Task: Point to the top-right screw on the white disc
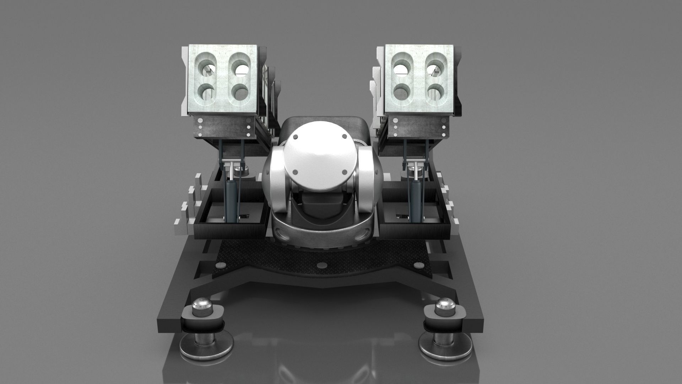[x=344, y=137]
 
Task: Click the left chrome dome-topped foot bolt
[x=201, y=307]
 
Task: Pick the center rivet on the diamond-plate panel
[x=322, y=265]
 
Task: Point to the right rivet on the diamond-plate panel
[x=420, y=265]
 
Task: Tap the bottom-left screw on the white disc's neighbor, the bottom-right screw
[x=344, y=172]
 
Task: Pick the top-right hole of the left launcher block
[x=241, y=66]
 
